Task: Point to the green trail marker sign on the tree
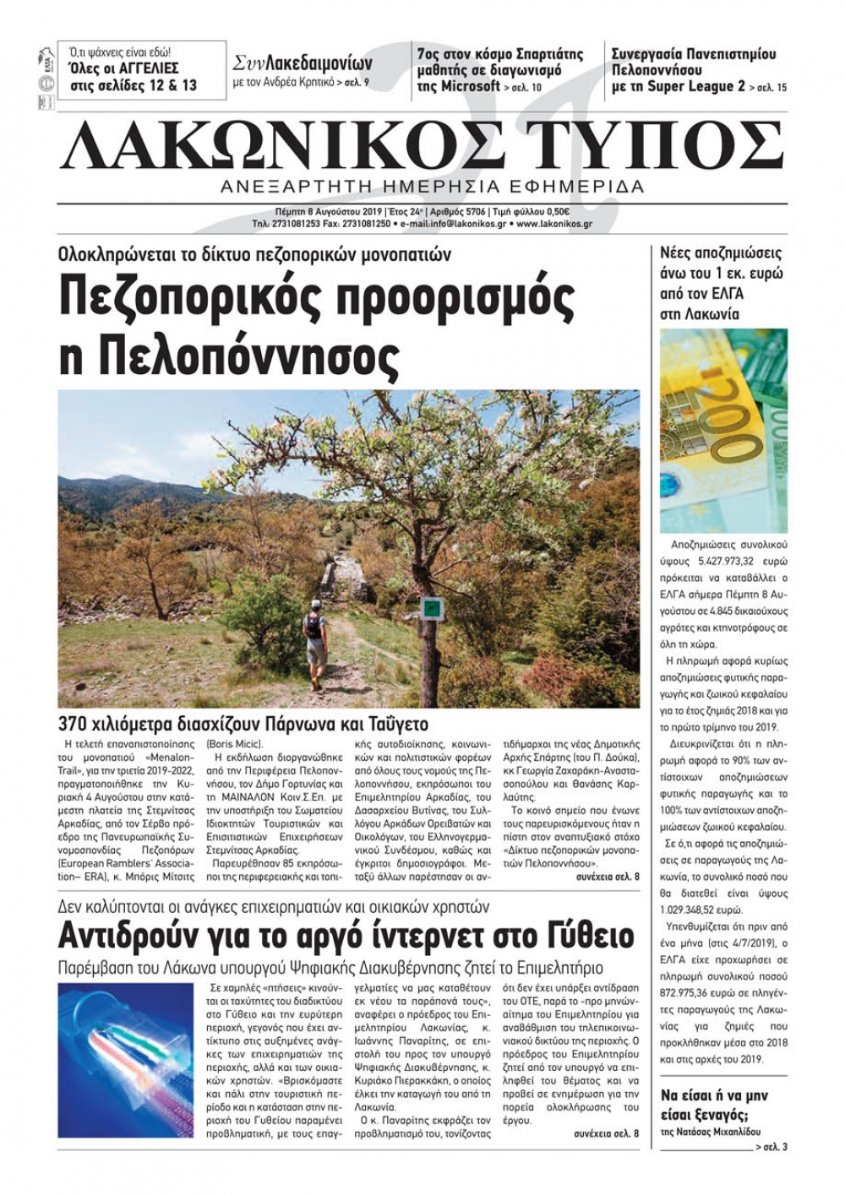tap(433, 607)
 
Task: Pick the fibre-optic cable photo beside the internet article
tap(127, 1059)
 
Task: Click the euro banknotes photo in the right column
tap(723, 431)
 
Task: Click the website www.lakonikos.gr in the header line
tap(553, 225)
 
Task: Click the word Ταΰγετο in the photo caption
tap(397, 725)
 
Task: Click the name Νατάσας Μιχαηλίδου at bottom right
tap(723, 1131)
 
